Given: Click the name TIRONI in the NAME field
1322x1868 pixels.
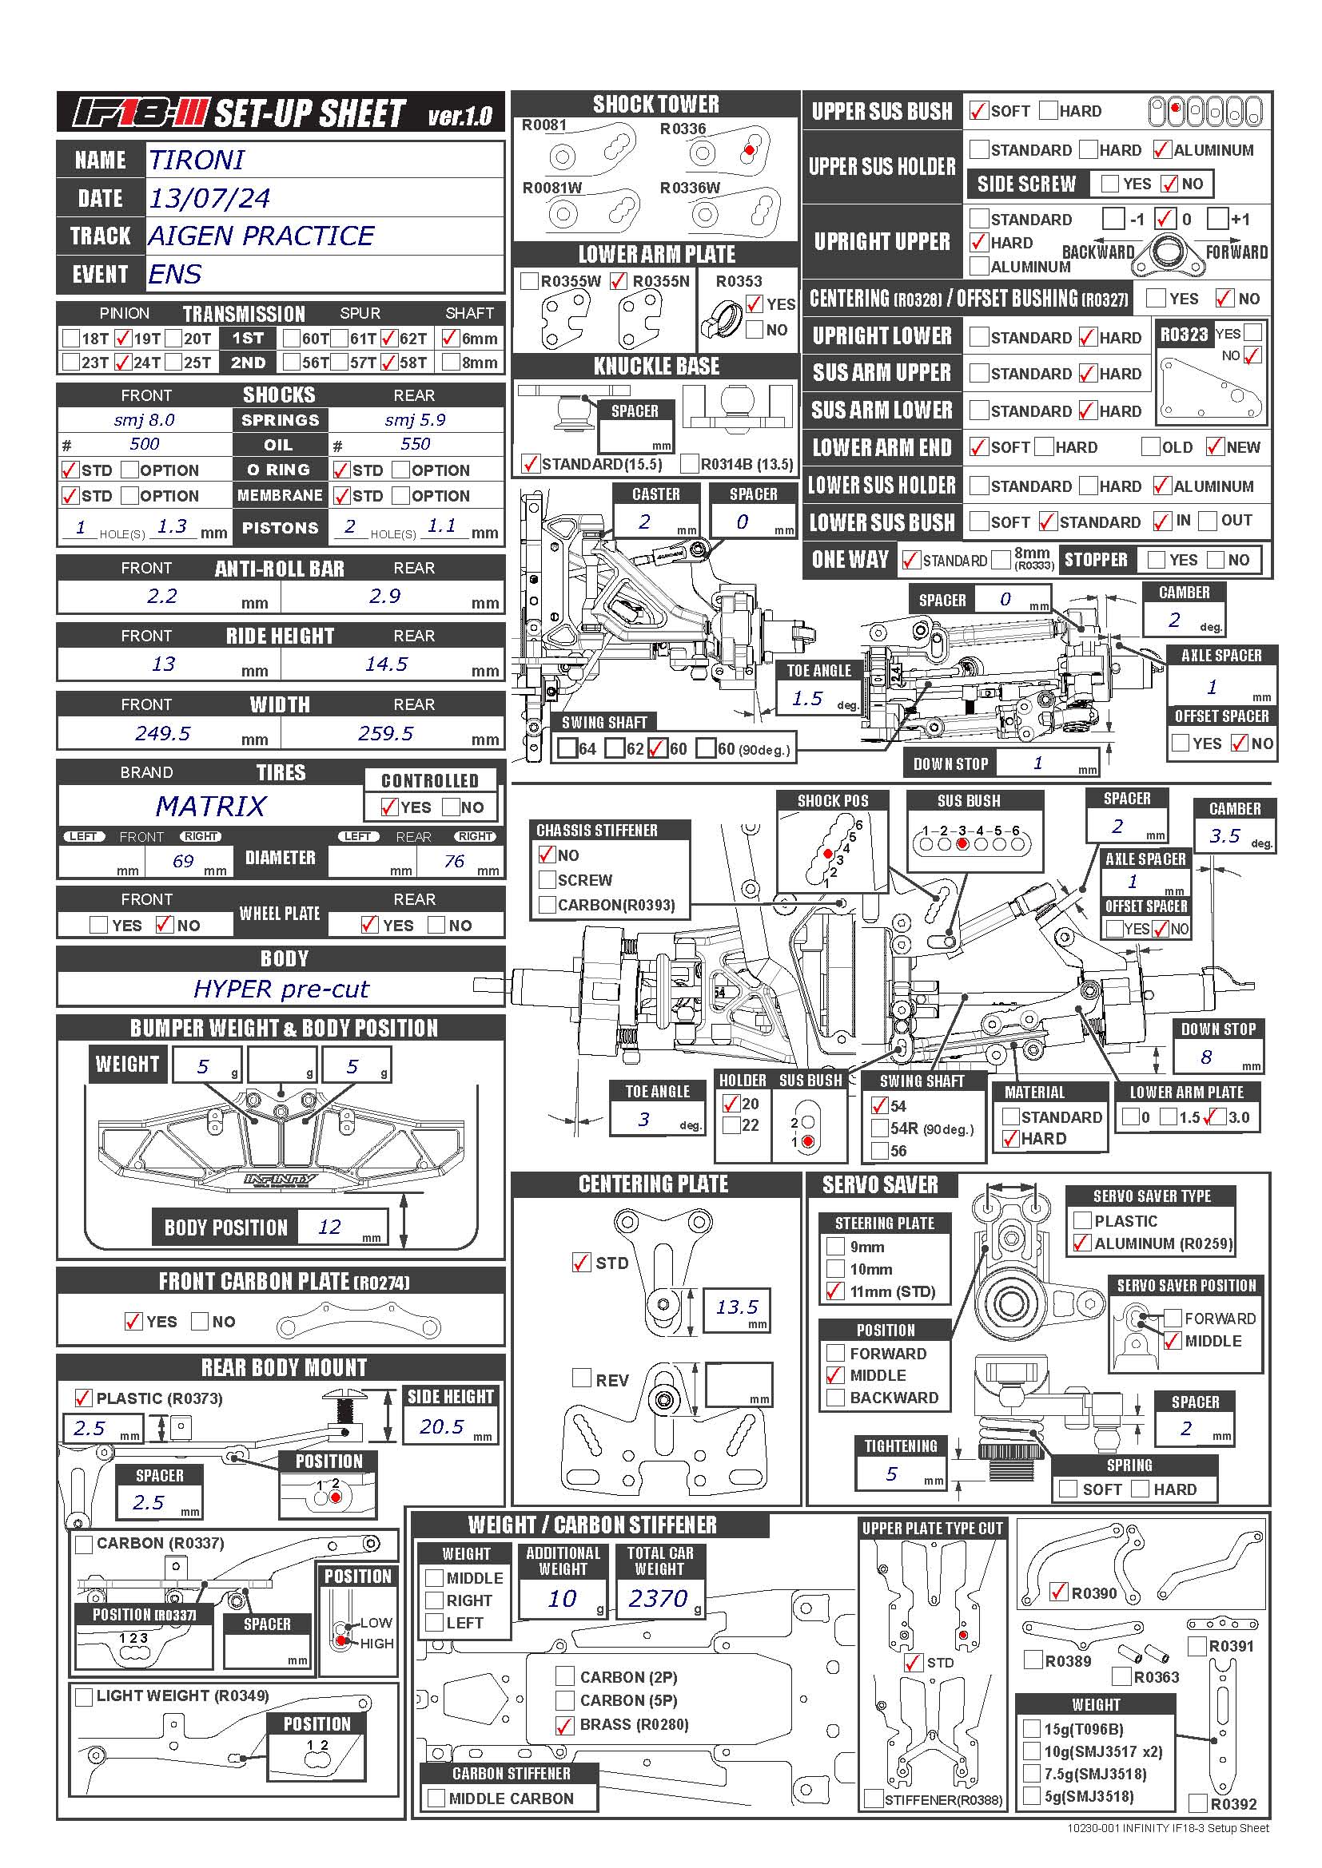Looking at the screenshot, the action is [196, 160].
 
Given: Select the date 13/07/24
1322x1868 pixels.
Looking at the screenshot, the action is [209, 198].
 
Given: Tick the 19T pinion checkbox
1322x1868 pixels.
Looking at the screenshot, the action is [123, 338].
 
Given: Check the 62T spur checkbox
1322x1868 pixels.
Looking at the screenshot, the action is [388, 338].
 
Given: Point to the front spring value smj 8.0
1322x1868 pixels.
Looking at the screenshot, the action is [144, 420].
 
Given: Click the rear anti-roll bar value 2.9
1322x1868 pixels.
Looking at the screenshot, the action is [384, 596].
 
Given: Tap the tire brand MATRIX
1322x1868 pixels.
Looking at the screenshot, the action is [210, 807].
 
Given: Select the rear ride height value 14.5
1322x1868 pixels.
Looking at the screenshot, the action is [386, 664].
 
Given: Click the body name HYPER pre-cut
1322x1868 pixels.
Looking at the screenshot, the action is [281, 989].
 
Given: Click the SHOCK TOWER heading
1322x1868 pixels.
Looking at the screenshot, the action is [656, 104].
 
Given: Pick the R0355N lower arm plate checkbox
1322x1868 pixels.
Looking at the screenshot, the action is [619, 281].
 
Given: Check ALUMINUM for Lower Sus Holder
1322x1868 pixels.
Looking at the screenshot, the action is [1162, 486].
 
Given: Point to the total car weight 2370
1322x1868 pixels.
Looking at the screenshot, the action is [658, 1599].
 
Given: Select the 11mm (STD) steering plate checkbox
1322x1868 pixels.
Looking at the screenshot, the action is [835, 1291].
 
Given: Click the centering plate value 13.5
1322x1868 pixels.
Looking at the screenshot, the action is [737, 1307].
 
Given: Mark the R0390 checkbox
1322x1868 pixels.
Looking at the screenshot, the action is [1058, 1592].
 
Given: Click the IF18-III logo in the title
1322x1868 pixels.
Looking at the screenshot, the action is [140, 113].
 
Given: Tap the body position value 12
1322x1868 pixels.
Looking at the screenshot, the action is [329, 1227].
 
